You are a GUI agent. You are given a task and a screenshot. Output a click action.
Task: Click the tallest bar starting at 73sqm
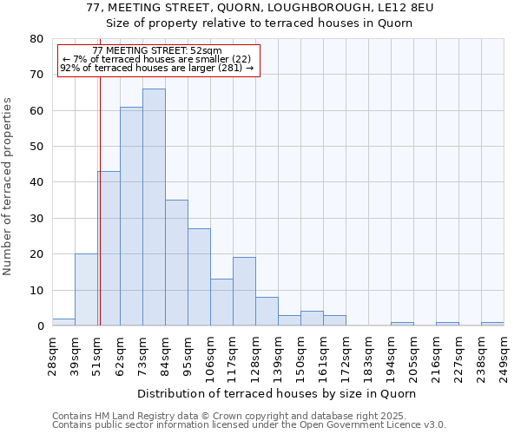pyautogui.click(x=154, y=207)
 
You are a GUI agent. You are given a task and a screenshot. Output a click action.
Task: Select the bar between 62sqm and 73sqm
pyautogui.click(x=131, y=216)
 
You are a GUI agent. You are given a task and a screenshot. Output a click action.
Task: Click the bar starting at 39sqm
pyautogui.click(x=86, y=290)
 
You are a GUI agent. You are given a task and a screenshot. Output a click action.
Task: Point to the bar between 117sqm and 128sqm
pyautogui.click(x=244, y=292)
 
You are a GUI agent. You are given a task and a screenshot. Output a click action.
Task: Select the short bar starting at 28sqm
pyautogui.click(x=63, y=322)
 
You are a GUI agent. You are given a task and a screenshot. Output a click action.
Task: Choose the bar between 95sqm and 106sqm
pyautogui.click(x=199, y=277)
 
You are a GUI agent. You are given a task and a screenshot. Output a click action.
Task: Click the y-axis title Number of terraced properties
pyautogui.click(x=9, y=186)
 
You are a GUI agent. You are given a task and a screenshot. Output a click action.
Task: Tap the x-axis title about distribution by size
pyautogui.click(x=277, y=393)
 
